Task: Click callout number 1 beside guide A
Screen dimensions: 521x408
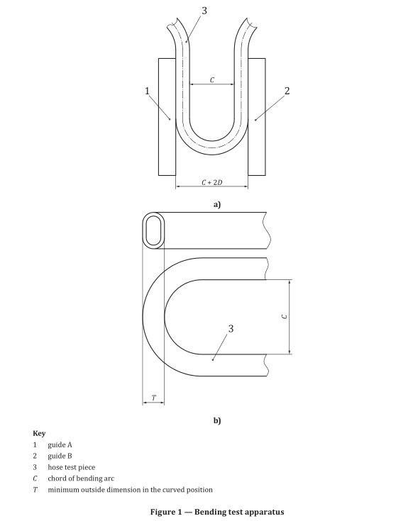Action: (x=146, y=91)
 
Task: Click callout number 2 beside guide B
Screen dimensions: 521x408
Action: (x=287, y=91)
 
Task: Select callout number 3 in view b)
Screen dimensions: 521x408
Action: (x=231, y=329)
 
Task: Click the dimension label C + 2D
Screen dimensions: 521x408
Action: (x=211, y=182)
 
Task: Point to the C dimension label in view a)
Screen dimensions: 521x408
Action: (x=211, y=80)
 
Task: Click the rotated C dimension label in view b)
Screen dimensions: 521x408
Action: (x=285, y=316)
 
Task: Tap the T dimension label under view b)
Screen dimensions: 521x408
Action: (x=153, y=398)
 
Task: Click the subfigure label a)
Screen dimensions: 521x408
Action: (x=217, y=204)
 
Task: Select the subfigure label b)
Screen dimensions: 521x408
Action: (x=217, y=420)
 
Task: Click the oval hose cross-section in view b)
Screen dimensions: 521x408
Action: (x=154, y=230)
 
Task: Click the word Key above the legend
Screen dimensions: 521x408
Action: (x=40, y=432)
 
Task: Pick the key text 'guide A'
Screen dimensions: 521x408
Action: (x=60, y=444)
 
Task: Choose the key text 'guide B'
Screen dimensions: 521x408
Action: (x=60, y=456)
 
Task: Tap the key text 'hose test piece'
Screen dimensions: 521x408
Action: (x=72, y=467)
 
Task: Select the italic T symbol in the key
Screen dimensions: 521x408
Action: (x=35, y=490)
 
